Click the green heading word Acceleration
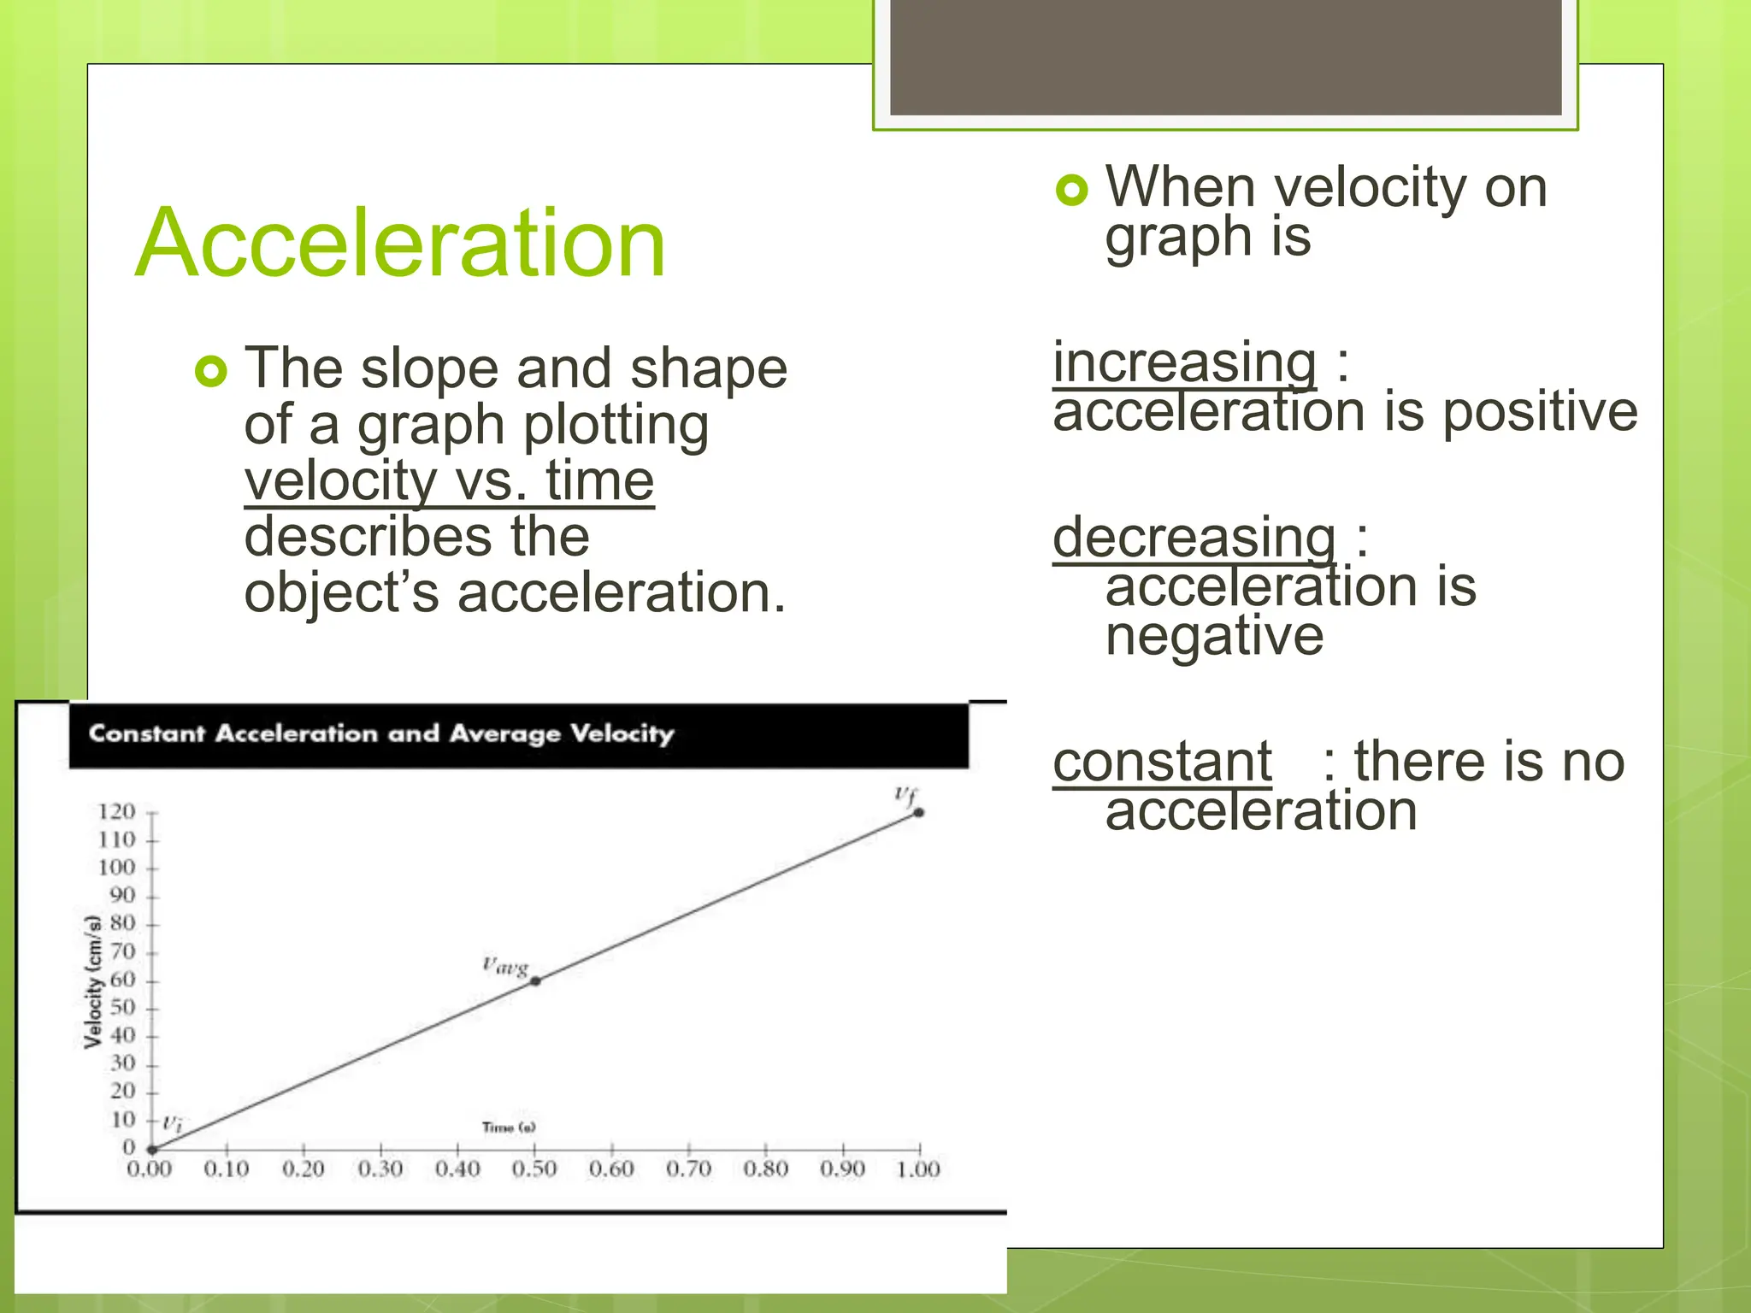[400, 244]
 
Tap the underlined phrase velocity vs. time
[449, 480]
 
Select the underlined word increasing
[1184, 362]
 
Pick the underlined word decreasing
[1194, 538]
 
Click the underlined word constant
[1162, 761]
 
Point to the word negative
[1214, 636]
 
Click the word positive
[1540, 412]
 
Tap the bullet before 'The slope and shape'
[211, 371]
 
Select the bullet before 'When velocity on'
[1072, 190]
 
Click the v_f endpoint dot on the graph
[919, 812]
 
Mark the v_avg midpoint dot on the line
[535, 980]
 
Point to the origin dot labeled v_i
[152, 1149]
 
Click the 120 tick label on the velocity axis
[117, 811]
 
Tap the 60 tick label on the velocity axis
[122, 980]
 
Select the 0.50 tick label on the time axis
[534, 1169]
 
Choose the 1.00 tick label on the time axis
[918, 1169]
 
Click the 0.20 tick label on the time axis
[304, 1169]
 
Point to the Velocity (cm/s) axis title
[93, 981]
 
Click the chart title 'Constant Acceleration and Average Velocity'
[381, 733]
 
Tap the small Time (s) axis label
[509, 1128]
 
